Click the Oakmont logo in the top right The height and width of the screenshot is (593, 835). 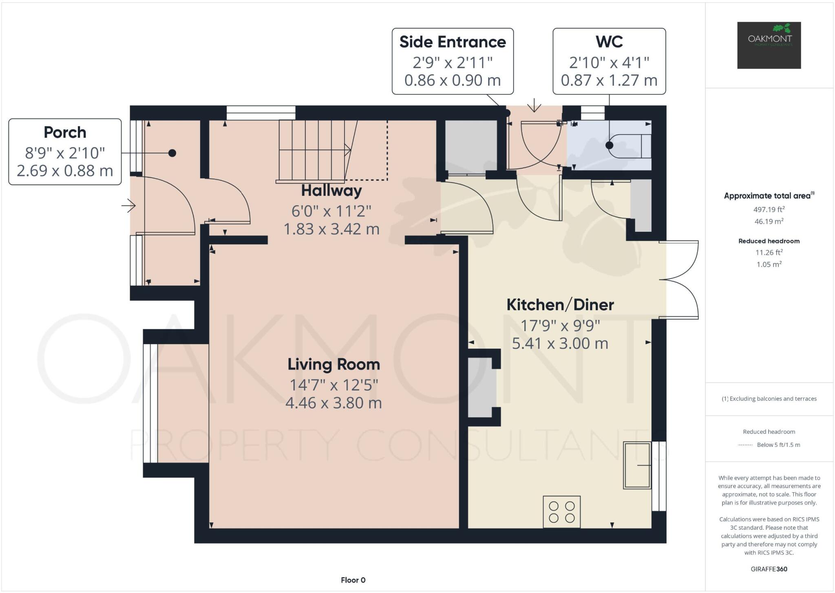pos(769,45)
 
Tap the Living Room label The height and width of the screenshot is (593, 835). pos(334,364)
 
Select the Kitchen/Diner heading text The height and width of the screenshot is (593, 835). pos(560,305)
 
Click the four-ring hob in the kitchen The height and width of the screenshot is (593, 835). pos(561,512)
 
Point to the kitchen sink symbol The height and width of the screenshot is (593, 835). pos(637,465)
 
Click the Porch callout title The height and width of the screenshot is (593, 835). pos(65,133)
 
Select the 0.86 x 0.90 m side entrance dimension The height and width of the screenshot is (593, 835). pos(452,80)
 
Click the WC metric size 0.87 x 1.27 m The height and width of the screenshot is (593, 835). pos(609,80)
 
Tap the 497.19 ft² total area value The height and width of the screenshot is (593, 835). pos(769,209)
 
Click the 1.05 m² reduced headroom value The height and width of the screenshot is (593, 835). pos(769,264)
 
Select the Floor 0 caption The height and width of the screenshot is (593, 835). pos(353,580)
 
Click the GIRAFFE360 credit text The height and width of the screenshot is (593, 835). pos(769,569)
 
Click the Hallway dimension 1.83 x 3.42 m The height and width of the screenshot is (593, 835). pos(331,229)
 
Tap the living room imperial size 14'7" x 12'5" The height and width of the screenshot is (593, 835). pos(334,385)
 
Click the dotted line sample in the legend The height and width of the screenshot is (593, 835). pos(745,445)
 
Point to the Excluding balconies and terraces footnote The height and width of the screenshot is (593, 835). pos(769,399)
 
